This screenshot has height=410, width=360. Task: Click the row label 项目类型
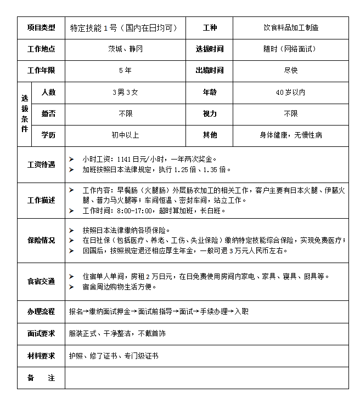pyautogui.click(x=41, y=27)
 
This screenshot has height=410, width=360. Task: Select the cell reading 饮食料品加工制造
pyautogui.click(x=290, y=27)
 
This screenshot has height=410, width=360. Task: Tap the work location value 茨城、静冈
pyautogui.click(x=125, y=49)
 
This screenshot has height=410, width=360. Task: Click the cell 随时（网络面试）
pyautogui.click(x=290, y=49)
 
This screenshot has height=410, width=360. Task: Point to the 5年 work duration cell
pyautogui.click(x=125, y=71)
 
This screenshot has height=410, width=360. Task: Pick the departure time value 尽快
pyautogui.click(x=290, y=71)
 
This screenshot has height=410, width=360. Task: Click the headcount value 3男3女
pyautogui.click(x=125, y=93)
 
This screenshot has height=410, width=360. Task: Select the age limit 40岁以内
pyautogui.click(x=290, y=93)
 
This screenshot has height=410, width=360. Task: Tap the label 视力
pyautogui.click(x=210, y=113)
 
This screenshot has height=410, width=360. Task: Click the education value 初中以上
pyautogui.click(x=125, y=135)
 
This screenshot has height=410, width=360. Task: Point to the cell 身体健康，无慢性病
pyautogui.click(x=290, y=135)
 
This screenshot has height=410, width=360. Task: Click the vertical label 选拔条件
pyautogui.click(x=25, y=113)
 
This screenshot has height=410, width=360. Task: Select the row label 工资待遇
pyautogui.click(x=41, y=164)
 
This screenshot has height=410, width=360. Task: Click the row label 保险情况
pyautogui.click(x=41, y=240)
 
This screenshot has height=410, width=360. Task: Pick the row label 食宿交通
pyautogui.click(x=41, y=281)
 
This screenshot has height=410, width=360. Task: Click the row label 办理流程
pyautogui.click(x=41, y=311)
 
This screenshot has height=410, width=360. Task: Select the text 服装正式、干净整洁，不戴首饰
pyautogui.click(x=117, y=333)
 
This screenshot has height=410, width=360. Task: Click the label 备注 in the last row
pyautogui.click(x=41, y=378)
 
